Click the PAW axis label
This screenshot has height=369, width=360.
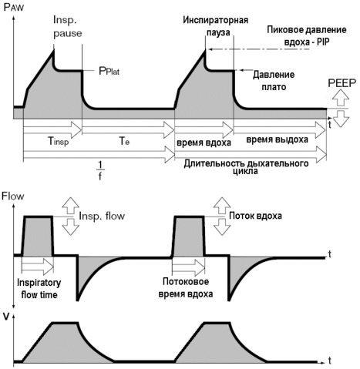(x=14, y=7)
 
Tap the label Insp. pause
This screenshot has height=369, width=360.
(x=67, y=27)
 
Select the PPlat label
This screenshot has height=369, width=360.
(x=109, y=71)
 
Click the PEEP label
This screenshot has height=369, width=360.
(x=342, y=83)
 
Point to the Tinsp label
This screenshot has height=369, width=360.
(x=59, y=141)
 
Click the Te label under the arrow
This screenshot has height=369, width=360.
(x=124, y=141)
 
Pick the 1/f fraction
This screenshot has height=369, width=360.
(x=100, y=170)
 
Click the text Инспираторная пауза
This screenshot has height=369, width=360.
(x=215, y=26)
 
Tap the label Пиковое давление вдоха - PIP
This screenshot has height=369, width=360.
(x=307, y=35)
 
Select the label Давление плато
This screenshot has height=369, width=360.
(x=274, y=81)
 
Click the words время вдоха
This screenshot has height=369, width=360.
(x=204, y=143)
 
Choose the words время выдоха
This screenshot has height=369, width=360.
(x=277, y=139)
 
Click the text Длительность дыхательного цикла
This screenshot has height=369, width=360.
(x=246, y=167)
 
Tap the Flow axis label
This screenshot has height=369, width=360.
(x=13, y=196)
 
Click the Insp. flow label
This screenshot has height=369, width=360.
(x=102, y=216)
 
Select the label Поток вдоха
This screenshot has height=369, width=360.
(x=255, y=216)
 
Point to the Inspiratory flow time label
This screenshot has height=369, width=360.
(x=39, y=289)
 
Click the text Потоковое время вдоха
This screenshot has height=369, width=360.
(x=186, y=287)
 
